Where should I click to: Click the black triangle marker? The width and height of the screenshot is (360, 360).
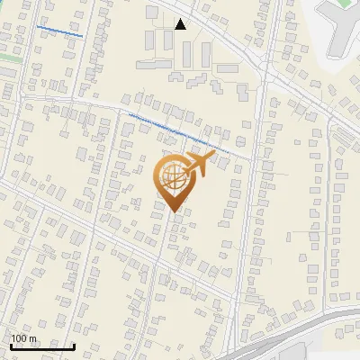(181, 24)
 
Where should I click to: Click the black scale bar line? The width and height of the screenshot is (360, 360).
(42, 346)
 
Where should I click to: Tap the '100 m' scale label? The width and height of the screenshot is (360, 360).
(24, 338)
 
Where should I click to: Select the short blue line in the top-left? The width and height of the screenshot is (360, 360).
(59, 31)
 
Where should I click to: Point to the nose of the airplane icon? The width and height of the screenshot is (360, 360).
(214, 155)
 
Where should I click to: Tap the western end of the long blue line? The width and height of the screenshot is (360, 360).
(130, 114)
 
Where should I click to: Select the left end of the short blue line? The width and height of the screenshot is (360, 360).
(38, 26)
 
